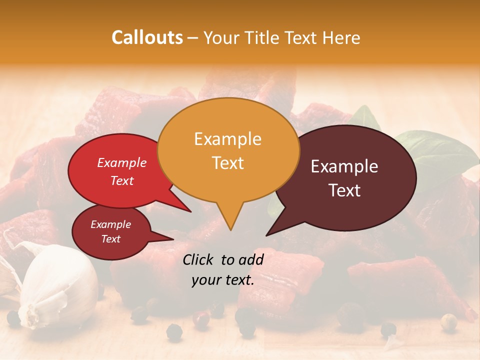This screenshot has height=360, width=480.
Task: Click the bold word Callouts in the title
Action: point(147,37)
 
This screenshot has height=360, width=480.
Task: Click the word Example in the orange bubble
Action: point(227,139)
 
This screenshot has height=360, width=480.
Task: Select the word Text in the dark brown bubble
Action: point(345,190)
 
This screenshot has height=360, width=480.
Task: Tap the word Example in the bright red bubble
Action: point(121,163)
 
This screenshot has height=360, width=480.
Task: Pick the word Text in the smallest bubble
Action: point(110,239)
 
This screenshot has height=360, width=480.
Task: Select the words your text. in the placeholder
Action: point(222,280)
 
